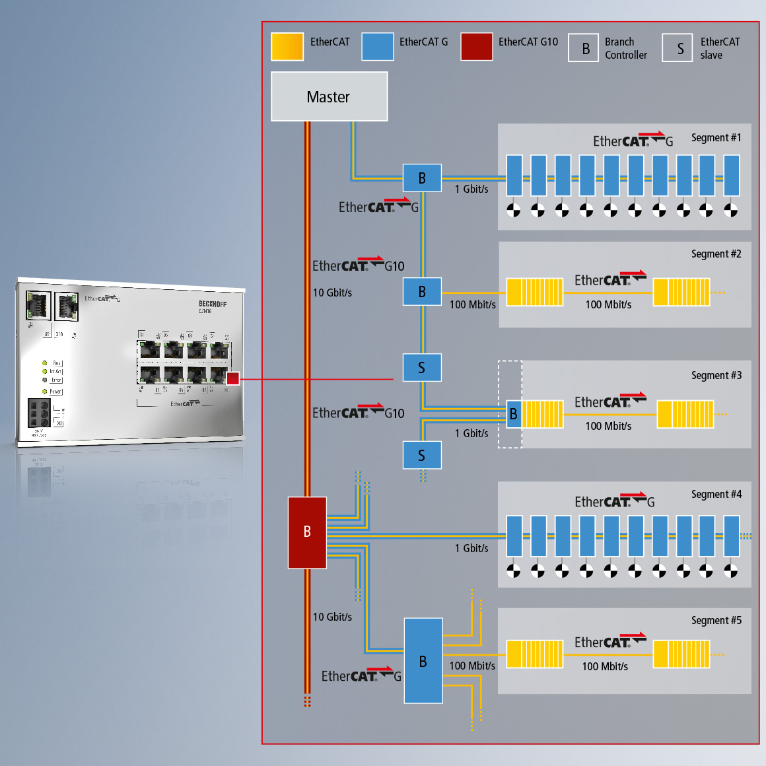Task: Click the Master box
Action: [x=329, y=96]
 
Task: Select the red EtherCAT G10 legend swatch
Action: [x=477, y=47]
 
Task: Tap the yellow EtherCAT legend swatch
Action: [x=287, y=47]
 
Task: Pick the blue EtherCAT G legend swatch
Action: [x=378, y=47]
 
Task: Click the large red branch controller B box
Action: [x=307, y=532]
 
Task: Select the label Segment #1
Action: [x=716, y=138]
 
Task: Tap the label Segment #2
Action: [x=716, y=254]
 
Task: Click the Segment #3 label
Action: [x=716, y=376]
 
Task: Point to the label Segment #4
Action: [x=716, y=495]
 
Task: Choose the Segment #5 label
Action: [x=716, y=621]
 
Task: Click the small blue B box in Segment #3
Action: [x=514, y=414]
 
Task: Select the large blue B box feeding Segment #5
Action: [x=423, y=660]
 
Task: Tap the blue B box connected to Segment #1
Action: [x=422, y=178]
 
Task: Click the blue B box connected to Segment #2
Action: [x=422, y=292]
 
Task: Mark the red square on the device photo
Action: [x=232, y=378]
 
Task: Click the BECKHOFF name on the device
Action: [x=213, y=304]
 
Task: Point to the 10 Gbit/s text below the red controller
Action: [x=332, y=617]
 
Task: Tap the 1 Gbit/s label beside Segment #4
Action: [x=471, y=548]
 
